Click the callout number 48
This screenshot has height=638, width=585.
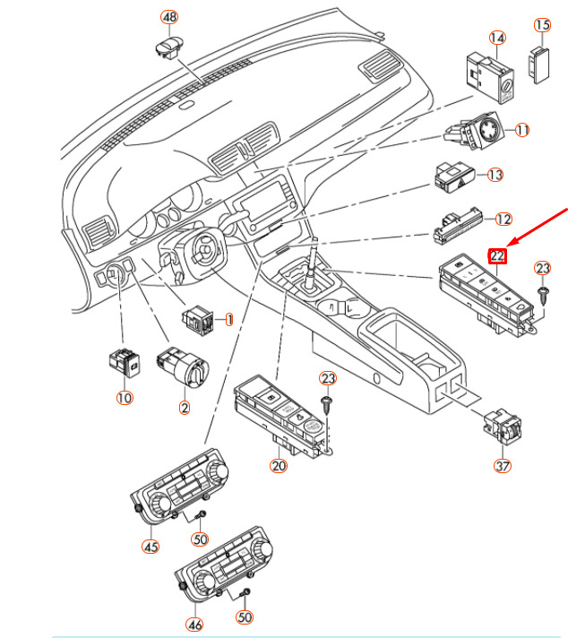click(x=169, y=18)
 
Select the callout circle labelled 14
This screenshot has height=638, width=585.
click(x=497, y=38)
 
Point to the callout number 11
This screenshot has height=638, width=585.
click(x=521, y=130)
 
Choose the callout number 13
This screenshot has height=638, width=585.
click(x=495, y=175)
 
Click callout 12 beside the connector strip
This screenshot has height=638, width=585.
click(x=503, y=219)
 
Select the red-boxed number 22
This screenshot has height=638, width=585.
click(x=497, y=256)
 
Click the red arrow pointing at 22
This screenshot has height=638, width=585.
click(x=540, y=228)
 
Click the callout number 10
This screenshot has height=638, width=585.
click(x=124, y=397)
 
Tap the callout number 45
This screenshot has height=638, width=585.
click(x=150, y=546)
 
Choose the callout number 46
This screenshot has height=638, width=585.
click(x=194, y=625)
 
